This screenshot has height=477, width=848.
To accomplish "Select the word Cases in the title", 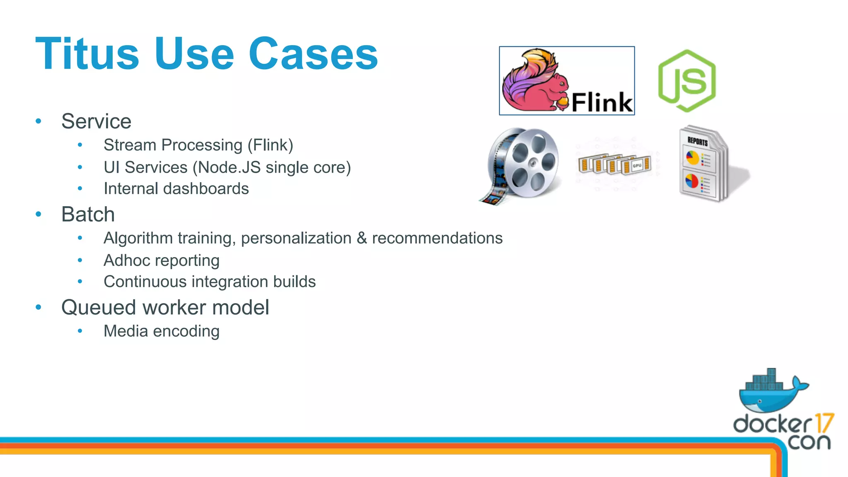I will tap(313, 54).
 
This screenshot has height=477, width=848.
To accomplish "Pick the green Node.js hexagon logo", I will tap(687, 81).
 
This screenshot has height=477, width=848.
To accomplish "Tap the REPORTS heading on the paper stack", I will tap(698, 141).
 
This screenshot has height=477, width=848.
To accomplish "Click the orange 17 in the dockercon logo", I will tap(824, 423).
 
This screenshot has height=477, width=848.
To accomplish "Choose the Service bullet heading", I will tap(96, 121).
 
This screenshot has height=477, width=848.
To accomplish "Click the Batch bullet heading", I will tap(88, 214).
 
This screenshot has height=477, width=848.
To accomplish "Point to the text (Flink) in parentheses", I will tap(270, 145).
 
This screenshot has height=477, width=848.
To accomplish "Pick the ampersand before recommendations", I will tap(362, 238).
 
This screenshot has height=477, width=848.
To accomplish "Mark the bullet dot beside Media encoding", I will tap(80, 331).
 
